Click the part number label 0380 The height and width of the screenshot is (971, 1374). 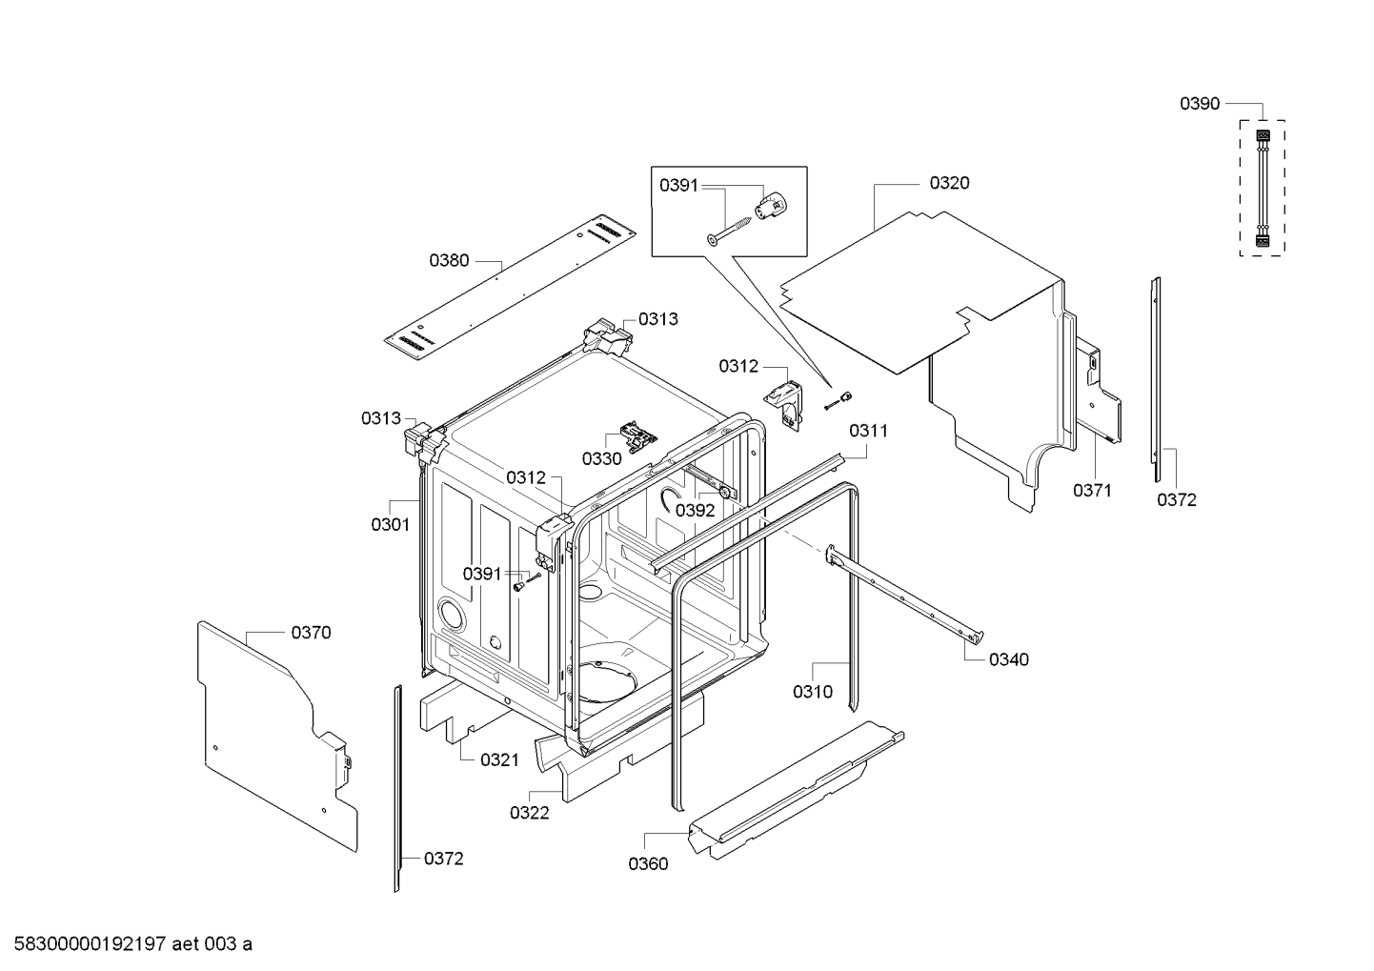(449, 261)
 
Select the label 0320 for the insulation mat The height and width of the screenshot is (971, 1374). (949, 183)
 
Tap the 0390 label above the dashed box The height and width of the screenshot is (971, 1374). (1200, 104)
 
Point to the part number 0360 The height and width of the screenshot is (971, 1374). (648, 863)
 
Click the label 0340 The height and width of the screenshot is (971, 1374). (1008, 659)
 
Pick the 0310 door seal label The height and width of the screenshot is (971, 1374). (812, 691)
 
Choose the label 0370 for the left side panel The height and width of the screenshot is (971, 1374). (311, 633)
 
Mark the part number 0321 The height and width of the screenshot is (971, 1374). (498, 760)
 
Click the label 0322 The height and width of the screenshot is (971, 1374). (529, 813)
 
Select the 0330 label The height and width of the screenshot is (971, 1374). (601, 458)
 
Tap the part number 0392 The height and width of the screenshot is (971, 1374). (695, 511)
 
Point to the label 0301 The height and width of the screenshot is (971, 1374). (390, 524)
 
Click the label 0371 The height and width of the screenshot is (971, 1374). (1092, 490)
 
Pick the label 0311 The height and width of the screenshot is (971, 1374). (868, 432)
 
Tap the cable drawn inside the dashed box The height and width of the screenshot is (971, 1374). (1262, 189)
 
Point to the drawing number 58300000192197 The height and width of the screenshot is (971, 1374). (91, 944)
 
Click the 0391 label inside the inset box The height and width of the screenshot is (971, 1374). (678, 185)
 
